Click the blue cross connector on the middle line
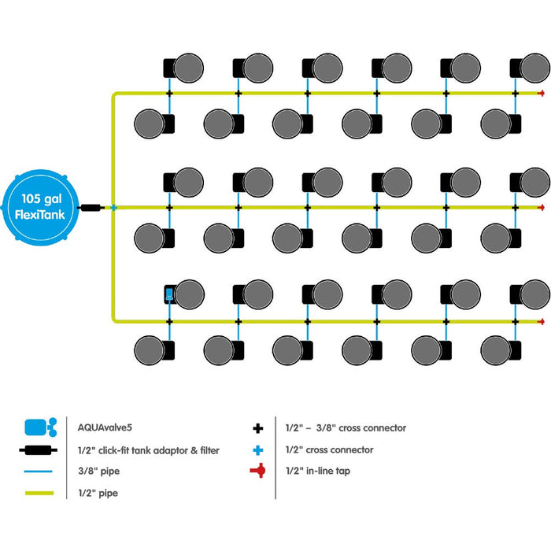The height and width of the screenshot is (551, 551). pos(114,207)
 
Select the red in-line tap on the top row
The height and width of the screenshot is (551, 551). pos(540,94)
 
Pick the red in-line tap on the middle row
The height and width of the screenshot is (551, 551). pos(540,207)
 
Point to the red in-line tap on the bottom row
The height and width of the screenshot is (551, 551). pos(540,321)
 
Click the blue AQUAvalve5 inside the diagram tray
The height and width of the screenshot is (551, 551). pos(169,295)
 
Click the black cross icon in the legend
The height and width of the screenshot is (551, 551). pos(257,428)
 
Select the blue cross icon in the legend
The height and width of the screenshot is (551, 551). pos(257,449)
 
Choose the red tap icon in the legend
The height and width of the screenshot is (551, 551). pos(257,471)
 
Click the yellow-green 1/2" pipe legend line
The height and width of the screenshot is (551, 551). pos(39,494)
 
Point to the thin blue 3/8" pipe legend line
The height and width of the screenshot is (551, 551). pos(39,472)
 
